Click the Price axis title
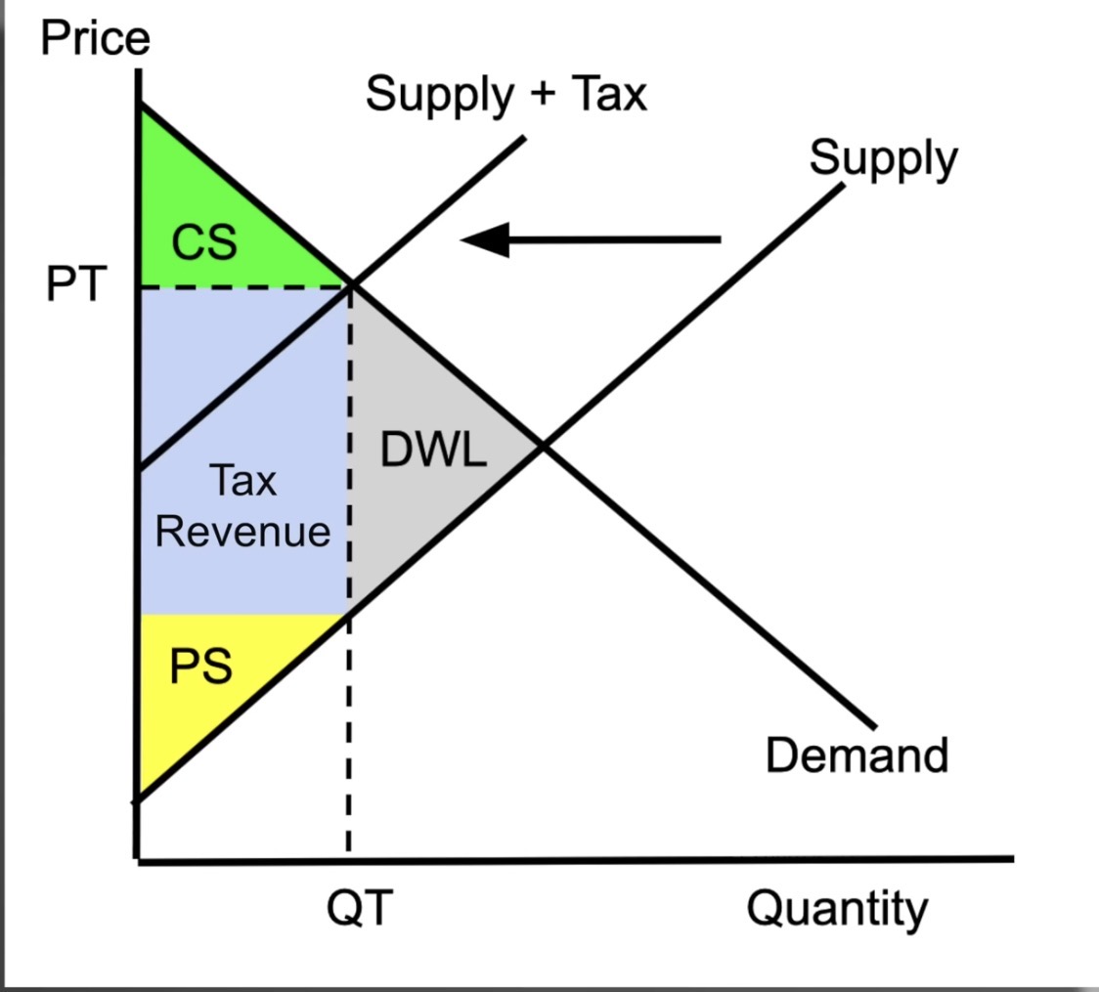coord(95,37)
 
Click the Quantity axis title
coord(837,909)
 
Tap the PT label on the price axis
coord(76,283)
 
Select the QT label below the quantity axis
coord(360,907)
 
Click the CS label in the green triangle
coord(204,242)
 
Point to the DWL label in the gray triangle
coord(433,449)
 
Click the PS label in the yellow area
coord(201,666)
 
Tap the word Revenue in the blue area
coord(242,531)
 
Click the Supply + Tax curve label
coord(506,95)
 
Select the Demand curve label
coord(857,755)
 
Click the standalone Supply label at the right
coord(883,159)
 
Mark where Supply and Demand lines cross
coord(543,446)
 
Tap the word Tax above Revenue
coord(242,481)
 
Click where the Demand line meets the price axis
coord(141,106)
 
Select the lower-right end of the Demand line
coord(875,726)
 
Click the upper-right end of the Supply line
coord(843,186)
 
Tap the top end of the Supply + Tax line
coord(524,138)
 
